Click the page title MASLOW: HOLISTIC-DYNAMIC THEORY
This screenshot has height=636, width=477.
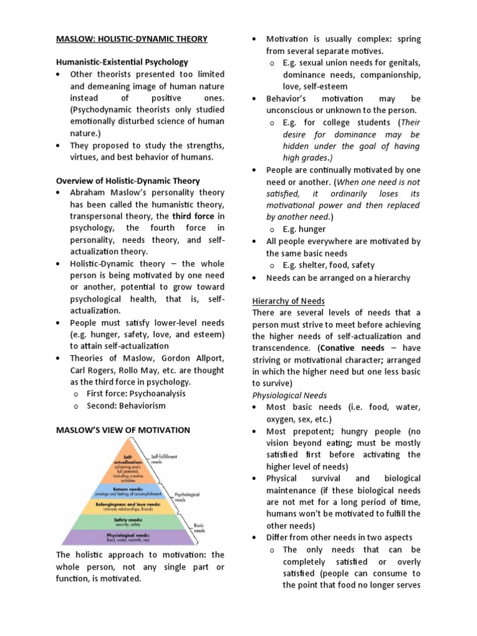pos(132,39)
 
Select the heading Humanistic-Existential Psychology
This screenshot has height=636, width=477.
pos(122,63)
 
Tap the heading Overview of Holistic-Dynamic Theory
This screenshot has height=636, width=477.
pos(128,181)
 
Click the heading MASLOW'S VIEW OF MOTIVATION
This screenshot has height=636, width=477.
pos(124,430)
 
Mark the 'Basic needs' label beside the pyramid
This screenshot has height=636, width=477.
pos(198,529)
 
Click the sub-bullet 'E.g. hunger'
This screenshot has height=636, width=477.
pos(304,229)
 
